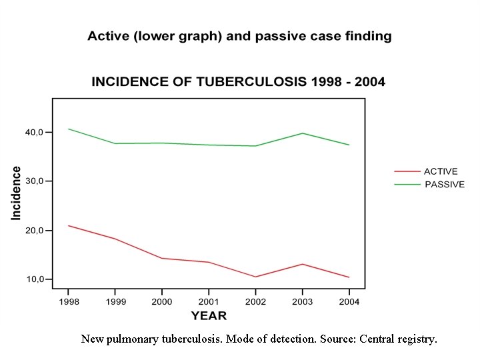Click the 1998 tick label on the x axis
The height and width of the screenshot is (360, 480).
pyautogui.click(x=68, y=302)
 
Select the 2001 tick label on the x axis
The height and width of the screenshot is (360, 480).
pyautogui.click(x=209, y=302)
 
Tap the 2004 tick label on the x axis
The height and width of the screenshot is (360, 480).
pyautogui.click(x=349, y=302)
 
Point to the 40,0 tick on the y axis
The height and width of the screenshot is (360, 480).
pyautogui.click(x=35, y=132)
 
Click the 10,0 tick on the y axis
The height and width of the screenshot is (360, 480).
pyautogui.click(x=35, y=279)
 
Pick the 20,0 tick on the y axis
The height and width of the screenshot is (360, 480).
pyautogui.click(x=35, y=230)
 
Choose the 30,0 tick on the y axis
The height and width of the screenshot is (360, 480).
pyautogui.click(x=35, y=181)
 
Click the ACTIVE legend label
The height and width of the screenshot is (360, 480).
pyautogui.click(x=441, y=171)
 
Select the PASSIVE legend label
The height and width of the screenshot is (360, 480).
pyautogui.click(x=445, y=184)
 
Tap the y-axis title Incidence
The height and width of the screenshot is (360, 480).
pyautogui.click(x=16, y=193)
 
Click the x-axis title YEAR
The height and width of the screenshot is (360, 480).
pyautogui.click(x=209, y=315)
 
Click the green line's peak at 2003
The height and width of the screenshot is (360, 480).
pyautogui.click(x=302, y=133)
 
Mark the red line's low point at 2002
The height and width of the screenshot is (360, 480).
pyautogui.click(x=255, y=277)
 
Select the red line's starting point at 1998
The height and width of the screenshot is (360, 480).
pyautogui.click(x=68, y=225)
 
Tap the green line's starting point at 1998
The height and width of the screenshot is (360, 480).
pyautogui.click(x=68, y=129)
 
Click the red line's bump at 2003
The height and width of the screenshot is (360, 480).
pyautogui.click(x=302, y=264)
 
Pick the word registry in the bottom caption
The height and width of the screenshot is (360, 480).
pyautogui.click(x=417, y=339)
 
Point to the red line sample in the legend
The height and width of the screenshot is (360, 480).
pyautogui.click(x=407, y=171)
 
